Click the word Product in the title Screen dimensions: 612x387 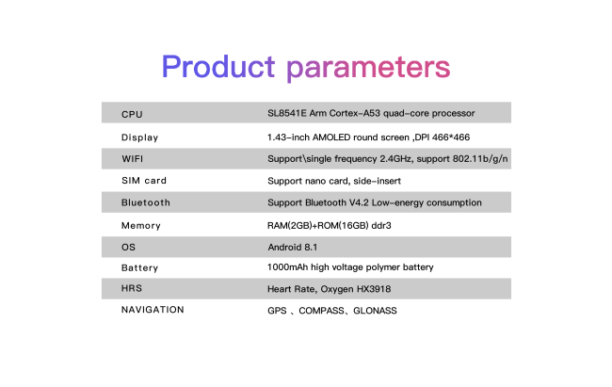point(218,67)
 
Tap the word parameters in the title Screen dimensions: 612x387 point(368,69)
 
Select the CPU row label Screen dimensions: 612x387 point(132,115)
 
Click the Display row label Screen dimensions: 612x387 point(139,137)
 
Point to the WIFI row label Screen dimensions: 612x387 point(133,159)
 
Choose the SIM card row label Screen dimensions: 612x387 point(144,181)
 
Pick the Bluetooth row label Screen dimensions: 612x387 point(146,202)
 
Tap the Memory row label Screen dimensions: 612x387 point(141,226)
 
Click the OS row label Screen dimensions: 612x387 point(128,248)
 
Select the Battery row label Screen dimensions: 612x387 point(139,268)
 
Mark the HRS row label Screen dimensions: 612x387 point(132,288)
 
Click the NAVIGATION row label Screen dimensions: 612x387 point(153,310)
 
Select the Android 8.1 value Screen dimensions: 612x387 point(292,248)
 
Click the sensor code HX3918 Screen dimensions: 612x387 point(374,289)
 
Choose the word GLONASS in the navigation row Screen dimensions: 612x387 point(375,311)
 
